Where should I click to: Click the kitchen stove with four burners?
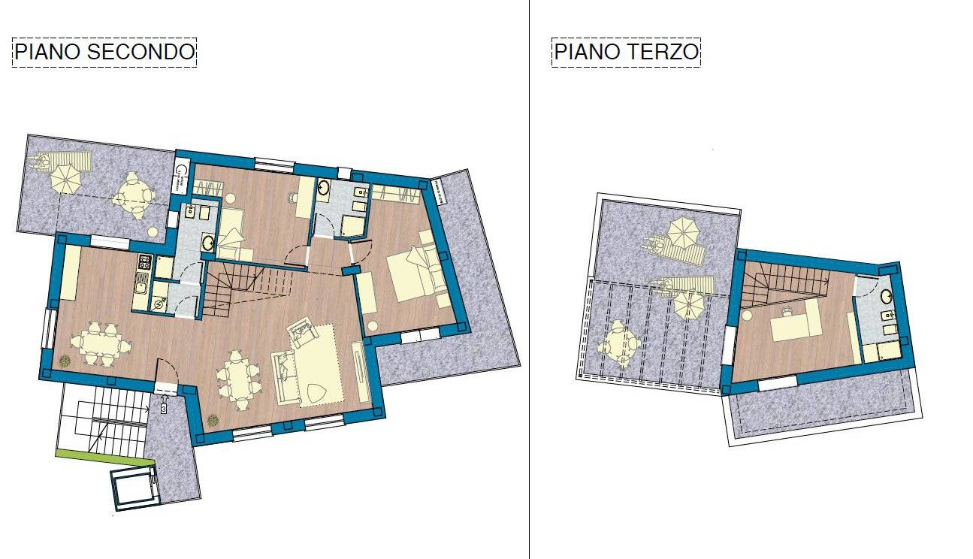(143, 263)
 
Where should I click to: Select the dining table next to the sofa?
(237, 378)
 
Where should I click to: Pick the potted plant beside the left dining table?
(65, 361)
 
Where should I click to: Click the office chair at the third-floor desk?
(787, 310)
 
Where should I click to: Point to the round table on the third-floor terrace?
(618, 345)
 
